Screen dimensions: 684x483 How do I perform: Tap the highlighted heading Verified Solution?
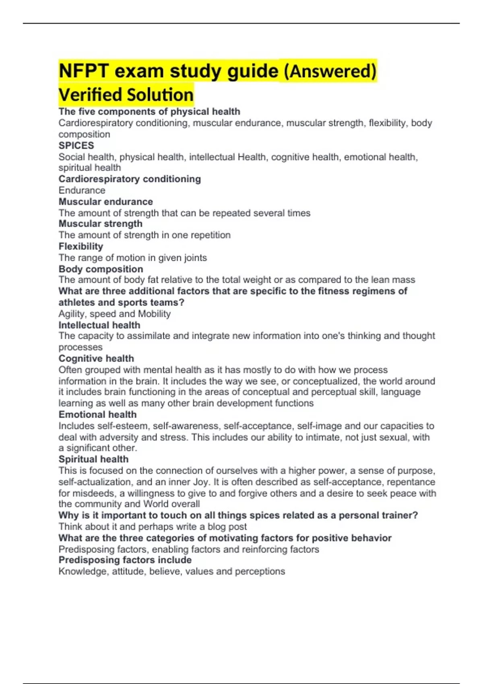[x=126, y=95]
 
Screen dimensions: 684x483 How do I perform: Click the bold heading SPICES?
[x=76, y=146]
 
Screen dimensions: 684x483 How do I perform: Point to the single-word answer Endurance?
[x=82, y=190]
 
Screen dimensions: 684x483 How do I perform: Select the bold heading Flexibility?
[x=81, y=246]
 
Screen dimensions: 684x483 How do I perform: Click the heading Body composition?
[x=101, y=269]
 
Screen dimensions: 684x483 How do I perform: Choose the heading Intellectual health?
[x=99, y=325]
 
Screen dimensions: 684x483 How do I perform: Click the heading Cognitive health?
[x=96, y=358]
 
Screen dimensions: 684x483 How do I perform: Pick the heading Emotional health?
[x=97, y=414]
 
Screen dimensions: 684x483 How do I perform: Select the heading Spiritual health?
[x=93, y=459]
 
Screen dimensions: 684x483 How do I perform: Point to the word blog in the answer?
[x=217, y=527]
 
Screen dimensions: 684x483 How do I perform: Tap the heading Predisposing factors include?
[x=125, y=560]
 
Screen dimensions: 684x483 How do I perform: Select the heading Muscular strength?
[x=100, y=224]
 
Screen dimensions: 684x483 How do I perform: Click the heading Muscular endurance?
[x=105, y=202]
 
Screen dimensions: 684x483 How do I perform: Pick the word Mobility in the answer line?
[x=154, y=314]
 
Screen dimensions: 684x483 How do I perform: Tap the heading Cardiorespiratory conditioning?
[x=130, y=179]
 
